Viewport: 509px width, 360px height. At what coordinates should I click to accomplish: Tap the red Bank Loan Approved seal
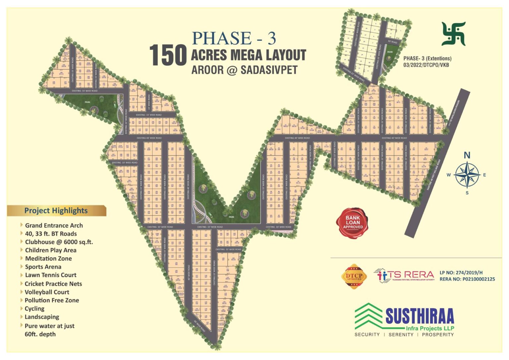(x=353, y=222)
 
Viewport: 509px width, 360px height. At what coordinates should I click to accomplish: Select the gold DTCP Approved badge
(x=354, y=276)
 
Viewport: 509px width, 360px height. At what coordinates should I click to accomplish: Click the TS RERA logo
(x=404, y=275)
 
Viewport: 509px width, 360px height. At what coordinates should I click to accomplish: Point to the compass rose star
(x=467, y=175)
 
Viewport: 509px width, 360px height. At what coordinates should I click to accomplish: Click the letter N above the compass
(x=467, y=155)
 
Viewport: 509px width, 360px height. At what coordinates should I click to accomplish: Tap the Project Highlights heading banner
(x=56, y=210)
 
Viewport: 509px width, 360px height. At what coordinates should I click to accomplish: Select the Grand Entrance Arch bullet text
(x=54, y=225)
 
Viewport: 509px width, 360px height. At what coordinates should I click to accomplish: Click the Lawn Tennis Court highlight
(x=50, y=275)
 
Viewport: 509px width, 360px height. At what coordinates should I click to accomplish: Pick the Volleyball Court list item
(x=47, y=292)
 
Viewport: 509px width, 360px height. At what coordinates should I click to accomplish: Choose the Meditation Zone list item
(x=48, y=259)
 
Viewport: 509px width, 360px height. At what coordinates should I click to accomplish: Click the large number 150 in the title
(x=168, y=55)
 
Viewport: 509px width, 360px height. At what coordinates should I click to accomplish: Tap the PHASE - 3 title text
(x=234, y=38)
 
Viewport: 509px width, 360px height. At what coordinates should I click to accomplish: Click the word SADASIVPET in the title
(x=269, y=70)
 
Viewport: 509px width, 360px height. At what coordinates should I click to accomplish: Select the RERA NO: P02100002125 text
(x=467, y=279)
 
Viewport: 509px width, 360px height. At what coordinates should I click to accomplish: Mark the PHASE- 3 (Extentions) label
(x=427, y=58)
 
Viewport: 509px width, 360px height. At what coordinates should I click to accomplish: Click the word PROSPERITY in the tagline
(x=437, y=335)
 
